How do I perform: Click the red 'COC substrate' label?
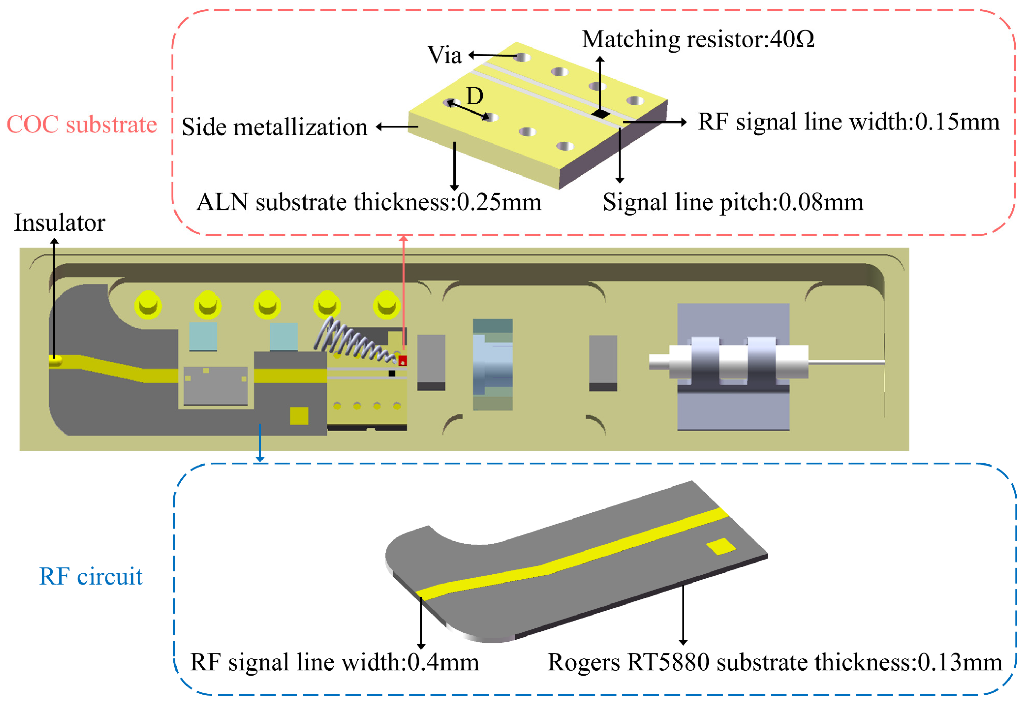82,124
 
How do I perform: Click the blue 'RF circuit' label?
91,576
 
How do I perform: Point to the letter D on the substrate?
475,96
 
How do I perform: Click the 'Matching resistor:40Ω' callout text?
698,39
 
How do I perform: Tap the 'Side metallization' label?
274,127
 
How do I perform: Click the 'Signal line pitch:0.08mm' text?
733,202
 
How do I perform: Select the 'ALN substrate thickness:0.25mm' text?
369,202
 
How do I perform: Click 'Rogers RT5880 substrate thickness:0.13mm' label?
775,662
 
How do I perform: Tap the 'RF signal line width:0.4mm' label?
334,662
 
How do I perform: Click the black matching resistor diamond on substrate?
601,114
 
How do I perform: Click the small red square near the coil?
403,361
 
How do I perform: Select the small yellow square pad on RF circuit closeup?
720,547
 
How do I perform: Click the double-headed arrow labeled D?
468,110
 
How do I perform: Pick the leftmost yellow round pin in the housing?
148,305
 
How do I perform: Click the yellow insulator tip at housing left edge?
55,361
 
